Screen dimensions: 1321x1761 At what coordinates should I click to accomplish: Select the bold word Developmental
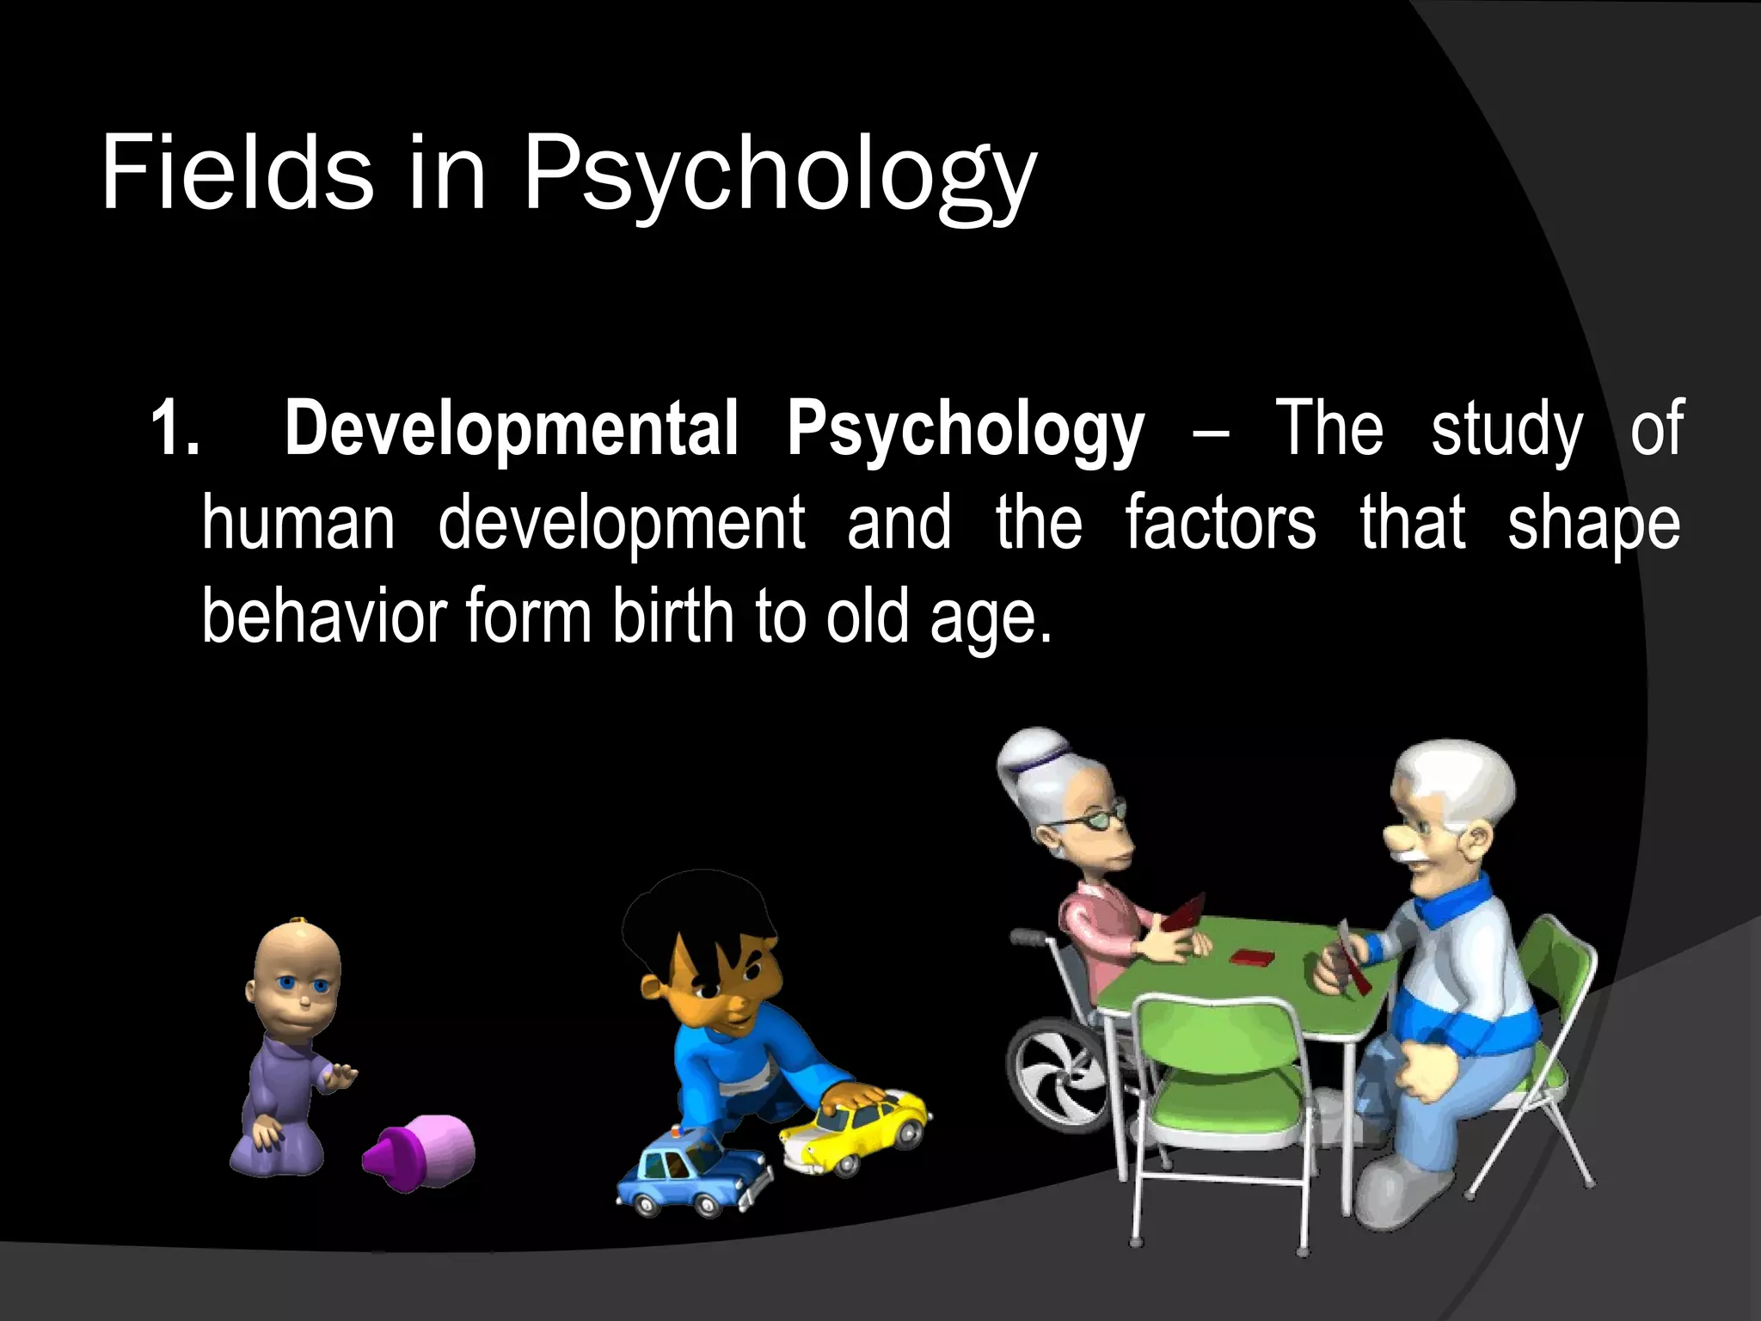point(511,428)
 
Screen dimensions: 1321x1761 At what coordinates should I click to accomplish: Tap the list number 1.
point(175,428)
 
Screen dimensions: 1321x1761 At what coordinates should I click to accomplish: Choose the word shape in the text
point(1593,525)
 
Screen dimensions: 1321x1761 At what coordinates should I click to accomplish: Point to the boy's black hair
point(696,912)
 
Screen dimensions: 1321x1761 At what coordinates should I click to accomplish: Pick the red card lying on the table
point(1246,955)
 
